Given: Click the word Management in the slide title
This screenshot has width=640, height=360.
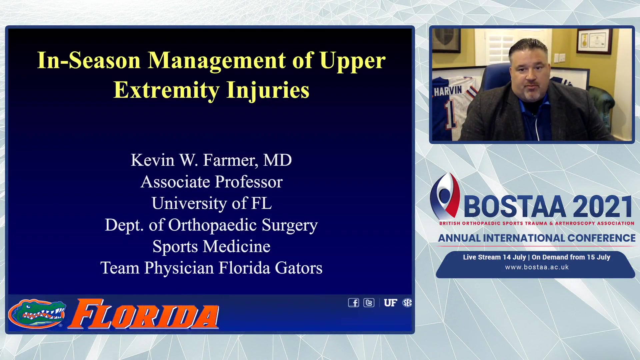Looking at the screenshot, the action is (x=217, y=61).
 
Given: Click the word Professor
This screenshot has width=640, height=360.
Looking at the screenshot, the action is (x=249, y=182).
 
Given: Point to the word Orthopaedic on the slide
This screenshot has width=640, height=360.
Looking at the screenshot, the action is (x=212, y=225).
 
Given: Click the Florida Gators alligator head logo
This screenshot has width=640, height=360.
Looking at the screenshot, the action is (x=37, y=313).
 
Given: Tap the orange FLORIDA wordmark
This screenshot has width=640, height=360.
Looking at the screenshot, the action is (x=144, y=314).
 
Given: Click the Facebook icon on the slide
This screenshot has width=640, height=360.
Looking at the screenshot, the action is (x=354, y=303).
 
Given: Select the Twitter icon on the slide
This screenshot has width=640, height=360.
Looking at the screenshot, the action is (x=369, y=303).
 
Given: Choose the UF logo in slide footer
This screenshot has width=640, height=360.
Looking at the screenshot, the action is (x=390, y=303).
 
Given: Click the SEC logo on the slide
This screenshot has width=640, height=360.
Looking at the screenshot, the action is (x=407, y=303).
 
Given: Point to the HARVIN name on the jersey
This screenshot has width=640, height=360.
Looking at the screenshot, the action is (x=448, y=91).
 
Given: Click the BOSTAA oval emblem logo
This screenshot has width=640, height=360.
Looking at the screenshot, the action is (x=445, y=196).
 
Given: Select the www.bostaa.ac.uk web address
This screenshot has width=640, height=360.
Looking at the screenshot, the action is (x=537, y=267).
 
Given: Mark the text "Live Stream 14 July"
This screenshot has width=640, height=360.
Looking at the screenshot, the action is (x=494, y=257).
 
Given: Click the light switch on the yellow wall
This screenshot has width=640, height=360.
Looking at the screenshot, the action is (x=559, y=58).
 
